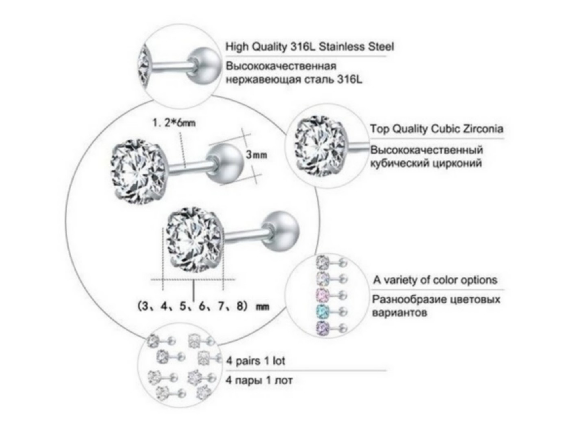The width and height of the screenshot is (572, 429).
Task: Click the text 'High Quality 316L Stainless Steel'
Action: click(x=309, y=47)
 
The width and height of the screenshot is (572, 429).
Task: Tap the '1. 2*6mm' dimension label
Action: click(x=174, y=123)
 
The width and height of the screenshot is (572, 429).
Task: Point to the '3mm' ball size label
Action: click(x=256, y=155)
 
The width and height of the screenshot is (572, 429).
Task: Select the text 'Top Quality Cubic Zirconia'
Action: click(x=436, y=129)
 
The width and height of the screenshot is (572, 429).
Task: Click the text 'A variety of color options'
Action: click(x=435, y=280)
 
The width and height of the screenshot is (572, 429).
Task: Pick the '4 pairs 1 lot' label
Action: click(x=256, y=361)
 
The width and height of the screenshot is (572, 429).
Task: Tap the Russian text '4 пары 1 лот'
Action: click(x=259, y=380)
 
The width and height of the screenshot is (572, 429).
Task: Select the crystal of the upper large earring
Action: click(x=139, y=172)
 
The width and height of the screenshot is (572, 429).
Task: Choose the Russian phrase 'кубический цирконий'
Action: click(x=426, y=163)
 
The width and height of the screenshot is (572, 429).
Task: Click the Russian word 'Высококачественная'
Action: click(x=281, y=66)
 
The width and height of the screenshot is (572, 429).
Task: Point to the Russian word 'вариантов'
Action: click(x=400, y=313)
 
